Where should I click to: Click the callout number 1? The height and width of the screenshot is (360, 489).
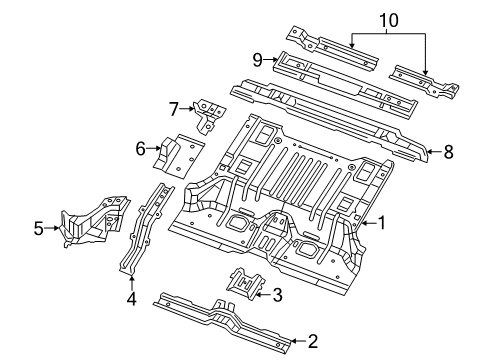pos(381,224)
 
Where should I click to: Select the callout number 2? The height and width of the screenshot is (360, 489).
pos(312,342)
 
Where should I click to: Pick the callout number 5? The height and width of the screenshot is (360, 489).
pos(39,229)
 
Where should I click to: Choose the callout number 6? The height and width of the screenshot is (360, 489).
pos(141,150)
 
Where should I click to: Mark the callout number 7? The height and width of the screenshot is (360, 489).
pos(174,107)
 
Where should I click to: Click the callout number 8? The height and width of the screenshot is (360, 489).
pos(449,153)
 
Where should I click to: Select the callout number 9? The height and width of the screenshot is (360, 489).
pos(257,59)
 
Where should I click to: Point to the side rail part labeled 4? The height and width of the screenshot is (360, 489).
pos(143,227)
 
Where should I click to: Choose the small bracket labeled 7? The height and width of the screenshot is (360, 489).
pos(208,114)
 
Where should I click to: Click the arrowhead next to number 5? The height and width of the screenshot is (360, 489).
pos(55,229)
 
